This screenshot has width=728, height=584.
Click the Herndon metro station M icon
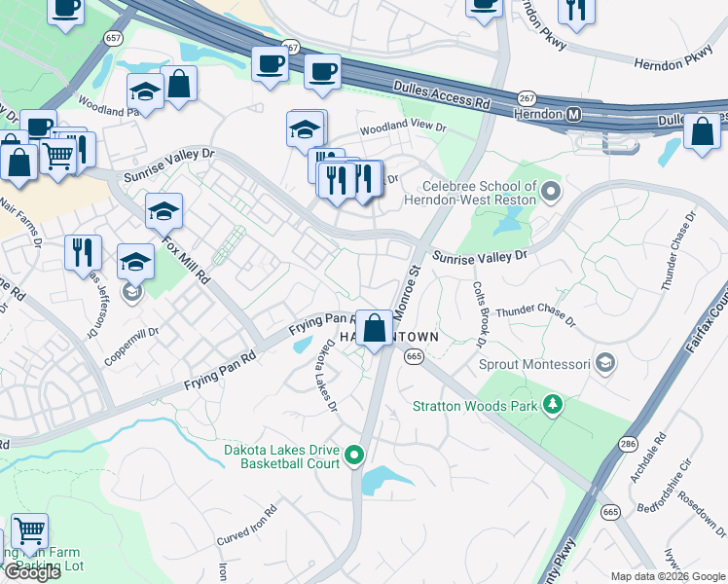[x=574, y=115]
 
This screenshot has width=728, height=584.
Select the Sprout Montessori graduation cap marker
[x=605, y=364]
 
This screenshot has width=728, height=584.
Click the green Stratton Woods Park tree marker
[x=553, y=403]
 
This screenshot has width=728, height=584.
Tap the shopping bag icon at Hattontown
[x=374, y=327]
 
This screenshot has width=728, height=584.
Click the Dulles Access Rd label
[x=441, y=92]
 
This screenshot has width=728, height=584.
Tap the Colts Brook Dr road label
[x=479, y=314]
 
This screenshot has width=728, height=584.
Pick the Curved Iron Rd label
[x=247, y=524]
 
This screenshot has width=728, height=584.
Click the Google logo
[x=32, y=571]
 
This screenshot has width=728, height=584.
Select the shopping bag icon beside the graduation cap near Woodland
[x=180, y=84]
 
